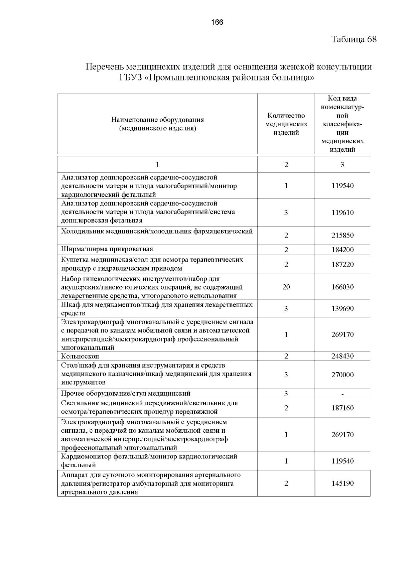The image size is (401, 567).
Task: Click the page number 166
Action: pyautogui.click(x=217, y=22)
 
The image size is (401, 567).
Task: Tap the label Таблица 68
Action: pyautogui.click(x=354, y=39)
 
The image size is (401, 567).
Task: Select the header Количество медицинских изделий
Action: pyautogui.click(x=286, y=124)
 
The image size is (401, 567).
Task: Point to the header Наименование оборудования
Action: pyautogui.click(x=157, y=120)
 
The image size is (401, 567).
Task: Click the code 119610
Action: pyautogui.click(x=343, y=212)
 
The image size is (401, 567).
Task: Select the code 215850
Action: pyautogui.click(x=343, y=235)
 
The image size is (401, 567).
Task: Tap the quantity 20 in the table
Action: pyautogui.click(x=286, y=287)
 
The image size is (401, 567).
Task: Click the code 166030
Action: pyautogui.click(x=343, y=287)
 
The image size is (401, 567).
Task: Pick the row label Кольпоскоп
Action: pyautogui.click(x=80, y=356)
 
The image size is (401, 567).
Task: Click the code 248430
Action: pyautogui.click(x=343, y=356)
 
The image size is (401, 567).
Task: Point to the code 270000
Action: pyautogui.click(x=343, y=375)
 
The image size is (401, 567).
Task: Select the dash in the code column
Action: pyautogui.click(x=343, y=394)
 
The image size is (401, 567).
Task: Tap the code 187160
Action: pyautogui.click(x=343, y=408)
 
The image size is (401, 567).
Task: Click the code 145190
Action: pyautogui.click(x=343, y=483)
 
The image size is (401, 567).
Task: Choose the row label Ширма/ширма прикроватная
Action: pyautogui.click(x=107, y=249)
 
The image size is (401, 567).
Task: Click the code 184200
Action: pyautogui.click(x=343, y=250)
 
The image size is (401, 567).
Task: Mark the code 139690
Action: pyautogui.click(x=343, y=309)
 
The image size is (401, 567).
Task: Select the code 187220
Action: pyautogui.click(x=343, y=265)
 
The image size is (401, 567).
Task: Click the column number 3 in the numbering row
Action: pyautogui.click(x=343, y=165)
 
